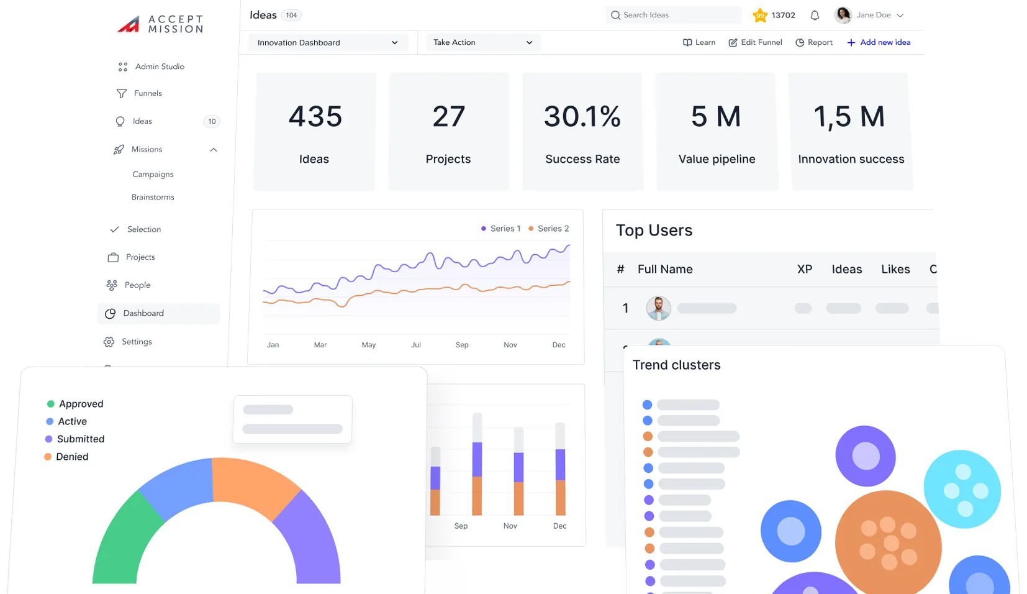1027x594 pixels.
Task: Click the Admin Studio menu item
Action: [159, 66]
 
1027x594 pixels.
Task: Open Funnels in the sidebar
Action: [147, 93]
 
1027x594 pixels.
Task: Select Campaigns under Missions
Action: [153, 175]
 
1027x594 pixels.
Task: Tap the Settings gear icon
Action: [109, 342]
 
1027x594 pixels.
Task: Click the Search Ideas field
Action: [674, 15]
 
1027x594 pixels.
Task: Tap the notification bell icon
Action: [815, 16]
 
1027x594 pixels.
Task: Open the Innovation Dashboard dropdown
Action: [327, 43]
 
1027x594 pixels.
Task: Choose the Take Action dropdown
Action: [482, 42]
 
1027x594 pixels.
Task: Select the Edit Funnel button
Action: [755, 42]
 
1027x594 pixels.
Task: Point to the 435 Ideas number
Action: [315, 117]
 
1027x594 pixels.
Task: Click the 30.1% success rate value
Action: [582, 117]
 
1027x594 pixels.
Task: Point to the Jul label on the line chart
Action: [416, 345]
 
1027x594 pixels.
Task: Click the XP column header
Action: [804, 269]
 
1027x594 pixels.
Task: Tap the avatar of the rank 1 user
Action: [658, 308]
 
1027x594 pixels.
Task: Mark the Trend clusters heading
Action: [676, 365]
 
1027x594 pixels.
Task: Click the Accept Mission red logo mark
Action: [129, 24]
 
